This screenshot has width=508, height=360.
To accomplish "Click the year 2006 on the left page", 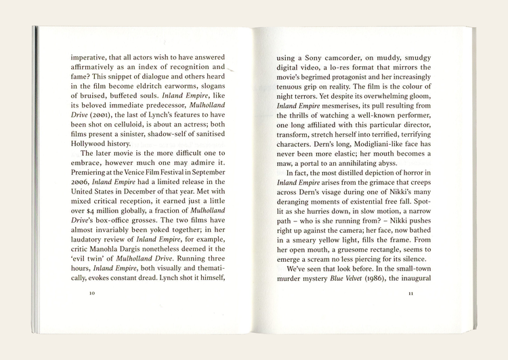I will coord(82,181).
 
